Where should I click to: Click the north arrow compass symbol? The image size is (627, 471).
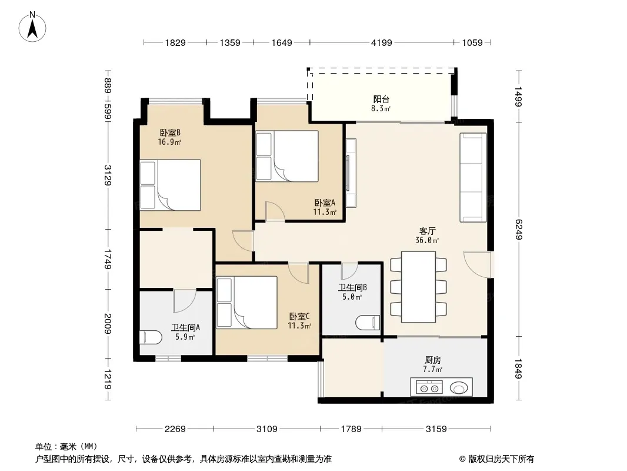click(x=32, y=27)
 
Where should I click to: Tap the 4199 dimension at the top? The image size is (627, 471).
click(x=382, y=42)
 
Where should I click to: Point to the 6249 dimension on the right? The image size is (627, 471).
click(x=519, y=229)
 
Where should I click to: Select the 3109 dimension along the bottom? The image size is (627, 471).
click(x=266, y=429)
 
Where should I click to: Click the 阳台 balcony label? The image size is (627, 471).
click(x=381, y=99)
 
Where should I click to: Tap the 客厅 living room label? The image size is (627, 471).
click(x=427, y=231)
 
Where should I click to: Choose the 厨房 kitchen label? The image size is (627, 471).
click(x=433, y=360)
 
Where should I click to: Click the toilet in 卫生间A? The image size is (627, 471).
click(x=151, y=337)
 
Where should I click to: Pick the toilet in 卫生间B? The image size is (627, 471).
click(x=368, y=323)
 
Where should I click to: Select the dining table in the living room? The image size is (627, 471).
click(x=418, y=287)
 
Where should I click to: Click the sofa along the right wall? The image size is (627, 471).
click(x=473, y=177)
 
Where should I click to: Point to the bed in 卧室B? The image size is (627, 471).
click(x=171, y=185)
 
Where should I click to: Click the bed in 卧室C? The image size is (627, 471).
click(x=246, y=303)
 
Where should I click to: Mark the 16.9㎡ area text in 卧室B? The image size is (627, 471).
click(x=169, y=142)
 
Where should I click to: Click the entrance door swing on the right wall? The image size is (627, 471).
click(x=478, y=264)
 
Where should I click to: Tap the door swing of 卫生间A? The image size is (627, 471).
click(x=185, y=301)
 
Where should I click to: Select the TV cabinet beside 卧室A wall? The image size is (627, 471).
click(x=351, y=173)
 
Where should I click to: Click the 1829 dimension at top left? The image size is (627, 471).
click(x=175, y=42)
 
